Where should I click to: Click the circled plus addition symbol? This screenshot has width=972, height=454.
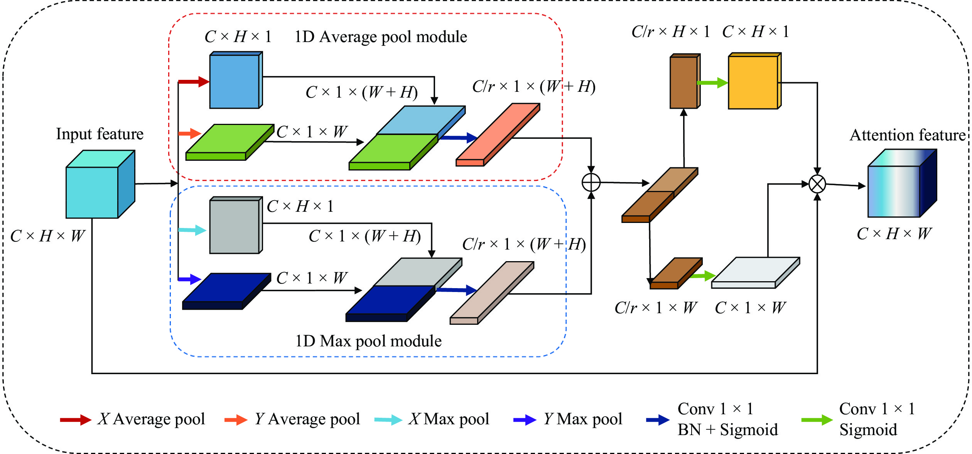591,182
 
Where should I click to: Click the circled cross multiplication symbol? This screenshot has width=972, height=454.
817,184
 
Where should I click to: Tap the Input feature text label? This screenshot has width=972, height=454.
100,134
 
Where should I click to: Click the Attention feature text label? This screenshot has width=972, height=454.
908,135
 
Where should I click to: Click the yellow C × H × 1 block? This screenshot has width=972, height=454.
753,82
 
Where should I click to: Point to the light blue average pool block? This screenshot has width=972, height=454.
235,81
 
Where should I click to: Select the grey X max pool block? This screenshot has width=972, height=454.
235,226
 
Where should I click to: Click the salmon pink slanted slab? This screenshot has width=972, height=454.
498,135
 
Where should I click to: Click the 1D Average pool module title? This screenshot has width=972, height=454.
381,37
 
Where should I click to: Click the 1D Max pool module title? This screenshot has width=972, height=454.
368,341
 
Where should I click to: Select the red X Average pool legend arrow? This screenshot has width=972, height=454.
76,420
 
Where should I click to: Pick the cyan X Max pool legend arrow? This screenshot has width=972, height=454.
388,420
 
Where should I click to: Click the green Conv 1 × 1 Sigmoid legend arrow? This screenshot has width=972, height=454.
817,420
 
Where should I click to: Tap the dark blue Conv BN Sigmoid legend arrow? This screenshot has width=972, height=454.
658,420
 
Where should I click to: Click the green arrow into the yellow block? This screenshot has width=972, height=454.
712,83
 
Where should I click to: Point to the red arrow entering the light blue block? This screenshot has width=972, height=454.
194,82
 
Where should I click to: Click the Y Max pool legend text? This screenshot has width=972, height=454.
583,419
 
